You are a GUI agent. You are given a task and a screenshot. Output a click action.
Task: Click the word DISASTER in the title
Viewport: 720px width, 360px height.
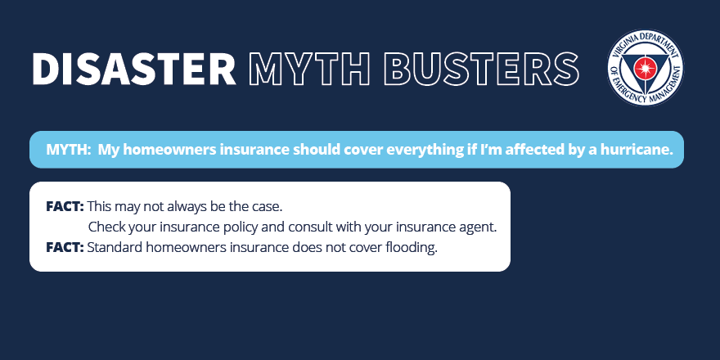[134, 69]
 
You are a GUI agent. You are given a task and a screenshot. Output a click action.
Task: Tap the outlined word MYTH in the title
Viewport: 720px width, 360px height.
[309, 69]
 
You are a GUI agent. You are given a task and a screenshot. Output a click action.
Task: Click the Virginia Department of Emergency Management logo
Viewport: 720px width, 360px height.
[646, 67]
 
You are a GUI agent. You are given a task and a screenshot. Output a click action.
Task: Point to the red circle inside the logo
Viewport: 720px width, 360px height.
[645, 68]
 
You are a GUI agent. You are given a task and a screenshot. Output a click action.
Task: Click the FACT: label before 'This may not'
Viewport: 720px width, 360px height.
[65, 207]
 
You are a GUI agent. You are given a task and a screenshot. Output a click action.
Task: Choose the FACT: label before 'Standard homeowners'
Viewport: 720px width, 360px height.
[65, 247]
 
